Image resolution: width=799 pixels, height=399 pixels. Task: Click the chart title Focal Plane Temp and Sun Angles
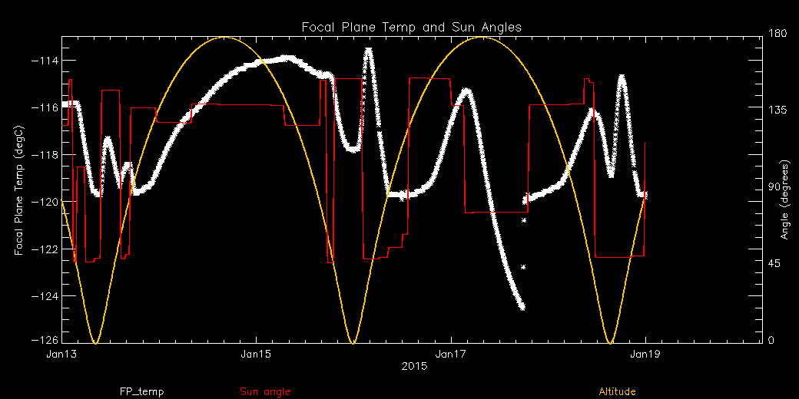click(412, 27)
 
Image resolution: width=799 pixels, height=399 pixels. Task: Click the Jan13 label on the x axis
click(61, 354)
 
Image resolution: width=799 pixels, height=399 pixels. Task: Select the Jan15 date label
click(255, 354)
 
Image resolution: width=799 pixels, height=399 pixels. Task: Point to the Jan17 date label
click(449, 354)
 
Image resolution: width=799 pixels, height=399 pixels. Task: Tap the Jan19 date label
click(644, 354)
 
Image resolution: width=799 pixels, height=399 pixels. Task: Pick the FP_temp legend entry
click(141, 392)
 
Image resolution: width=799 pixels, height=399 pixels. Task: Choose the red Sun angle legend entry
click(265, 392)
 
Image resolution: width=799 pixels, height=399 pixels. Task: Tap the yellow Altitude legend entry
click(617, 392)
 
